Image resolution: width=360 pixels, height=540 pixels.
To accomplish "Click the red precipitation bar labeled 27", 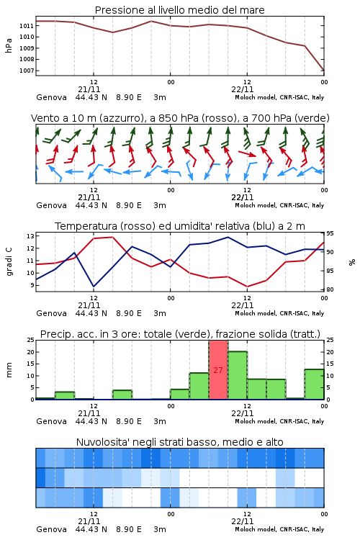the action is pyautogui.click(x=218, y=370).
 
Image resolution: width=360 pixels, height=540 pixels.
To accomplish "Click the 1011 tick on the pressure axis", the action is pyautogui.click(x=26, y=26).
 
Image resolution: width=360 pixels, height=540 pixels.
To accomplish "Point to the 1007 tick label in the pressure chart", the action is pyautogui.click(x=26, y=71).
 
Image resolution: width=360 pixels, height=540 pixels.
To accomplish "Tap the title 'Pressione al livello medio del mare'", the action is pyautogui.click(x=180, y=10).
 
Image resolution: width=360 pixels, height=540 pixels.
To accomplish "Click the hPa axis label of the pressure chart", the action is pyautogui.click(x=9, y=45).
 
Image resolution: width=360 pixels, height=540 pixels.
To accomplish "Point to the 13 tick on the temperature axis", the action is pyautogui.click(x=30, y=236).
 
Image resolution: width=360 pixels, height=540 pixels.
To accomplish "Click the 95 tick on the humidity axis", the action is pyautogui.click(x=330, y=233).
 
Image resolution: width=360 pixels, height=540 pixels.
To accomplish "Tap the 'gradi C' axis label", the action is pyautogui.click(x=9, y=261).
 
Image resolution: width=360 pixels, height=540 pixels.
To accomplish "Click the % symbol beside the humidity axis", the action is pyautogui.click(x=352, y=262).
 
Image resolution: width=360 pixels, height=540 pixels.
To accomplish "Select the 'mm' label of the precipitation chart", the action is pyautogui.click(x=9, y=370).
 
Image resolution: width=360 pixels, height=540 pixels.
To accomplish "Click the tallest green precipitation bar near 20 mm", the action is pyautogui.click(x=238, y=375).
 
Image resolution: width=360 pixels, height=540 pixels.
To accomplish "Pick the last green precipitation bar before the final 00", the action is pyautogui.click(x=314, y=384).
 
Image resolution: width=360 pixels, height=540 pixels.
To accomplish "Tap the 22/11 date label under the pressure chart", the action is pyautogui.click(x=243, y=89).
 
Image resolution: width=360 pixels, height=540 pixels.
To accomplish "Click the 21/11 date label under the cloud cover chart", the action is pyautogui.click(x=89, y=521).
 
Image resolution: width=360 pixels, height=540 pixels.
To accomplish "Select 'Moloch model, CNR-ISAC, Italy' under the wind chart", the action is pyautogui.click(x=279, y=205).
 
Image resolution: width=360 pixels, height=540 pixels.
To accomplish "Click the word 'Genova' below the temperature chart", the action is pyautogui.click(x=51, y=313).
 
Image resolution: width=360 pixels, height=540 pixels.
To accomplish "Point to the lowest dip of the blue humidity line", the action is pyautogui.click(x=94, y=286).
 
